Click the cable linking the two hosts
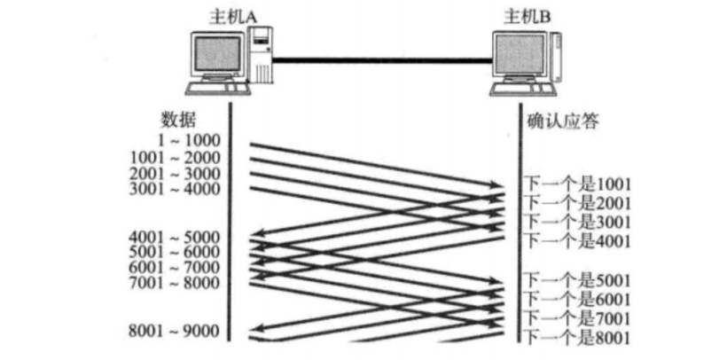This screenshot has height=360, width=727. pos(381,60)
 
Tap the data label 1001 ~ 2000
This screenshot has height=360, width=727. pos(176,157)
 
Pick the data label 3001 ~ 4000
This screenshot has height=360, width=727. pos(176,188)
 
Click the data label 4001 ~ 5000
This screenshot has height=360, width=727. pos(176,238)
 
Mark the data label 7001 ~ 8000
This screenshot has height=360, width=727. pos(176,283)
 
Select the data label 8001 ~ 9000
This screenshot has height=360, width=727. pos(176,333)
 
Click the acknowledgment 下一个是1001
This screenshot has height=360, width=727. pos(578,184)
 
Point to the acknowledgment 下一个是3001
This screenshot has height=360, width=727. pos(578,221)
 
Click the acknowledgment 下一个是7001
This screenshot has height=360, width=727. pos(578,318)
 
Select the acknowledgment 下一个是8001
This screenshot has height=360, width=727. pos(578,337)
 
